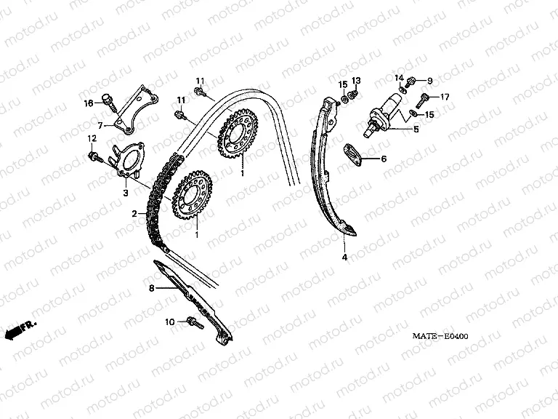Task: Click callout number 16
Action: coord(89,103)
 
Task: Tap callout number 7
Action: coord(101,125)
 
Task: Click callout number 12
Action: coord(92,138)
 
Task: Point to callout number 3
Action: coord(125,193)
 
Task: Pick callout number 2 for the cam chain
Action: coord(134,214)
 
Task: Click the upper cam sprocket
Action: coord(238,137)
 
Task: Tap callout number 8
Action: coord(151,289)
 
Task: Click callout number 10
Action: coord(169,321)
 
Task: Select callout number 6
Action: coord(384,159)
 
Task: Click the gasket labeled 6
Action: coord(355,154)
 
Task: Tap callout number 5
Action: coord(416,129)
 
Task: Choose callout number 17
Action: coord(445,97)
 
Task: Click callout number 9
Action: coord(429,80)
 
